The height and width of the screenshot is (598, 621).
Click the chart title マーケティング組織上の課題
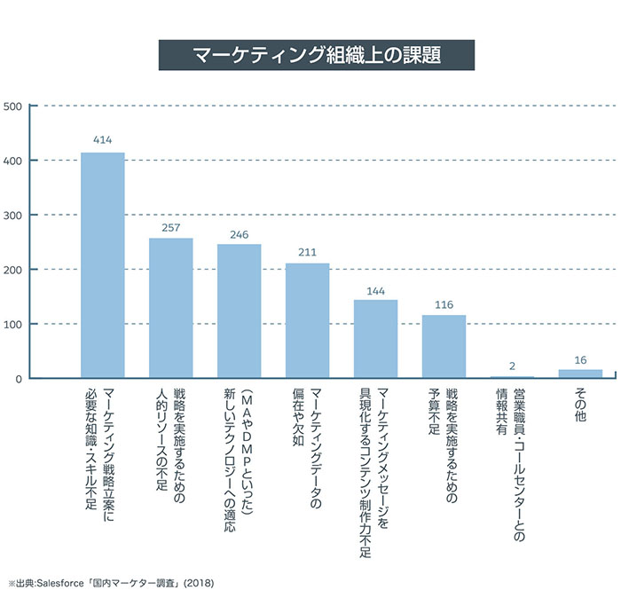[x=316, y=54]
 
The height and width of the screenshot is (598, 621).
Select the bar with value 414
[x=103, y=265]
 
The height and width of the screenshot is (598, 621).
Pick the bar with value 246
[x=239, y=311]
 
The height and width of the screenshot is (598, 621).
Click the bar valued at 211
[x=307, y=320]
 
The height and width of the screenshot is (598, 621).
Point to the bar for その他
[x=580, y=374]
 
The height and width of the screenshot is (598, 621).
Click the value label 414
[x=103, y=140]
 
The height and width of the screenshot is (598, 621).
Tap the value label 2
[x=512, y=365]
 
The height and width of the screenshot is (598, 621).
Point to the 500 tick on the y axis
[x=13, y=106]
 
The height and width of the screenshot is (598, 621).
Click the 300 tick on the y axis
[x=13, y=216]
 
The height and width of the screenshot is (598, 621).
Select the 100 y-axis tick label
[x=13, y=324]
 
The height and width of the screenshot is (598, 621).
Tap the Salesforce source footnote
[x=110, y=584]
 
